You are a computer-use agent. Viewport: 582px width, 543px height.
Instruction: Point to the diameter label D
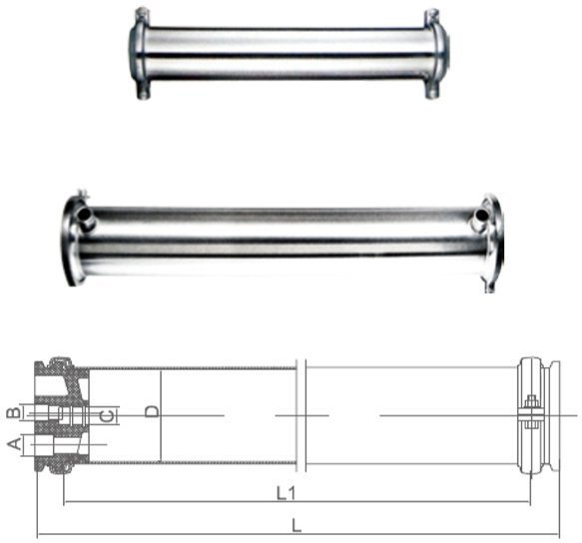pyautogui.click(x=151, y=411)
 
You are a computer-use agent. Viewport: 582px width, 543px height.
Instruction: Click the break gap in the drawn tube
pyautogui.click(x=300, y=415)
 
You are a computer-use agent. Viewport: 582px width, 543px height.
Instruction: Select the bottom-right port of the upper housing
pyautogui.click(x=431, y=92)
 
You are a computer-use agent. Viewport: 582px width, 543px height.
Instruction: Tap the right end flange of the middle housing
pyautogui.click(x=492, y=236)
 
